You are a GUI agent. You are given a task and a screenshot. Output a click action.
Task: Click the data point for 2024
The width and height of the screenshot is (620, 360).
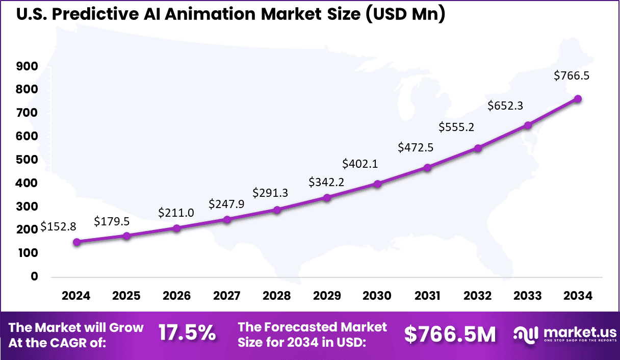click(76, 242)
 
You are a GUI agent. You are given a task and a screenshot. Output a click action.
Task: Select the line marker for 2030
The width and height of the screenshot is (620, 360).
click(377, 184)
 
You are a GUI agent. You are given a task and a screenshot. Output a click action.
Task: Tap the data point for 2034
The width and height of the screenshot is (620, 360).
click(578, 99)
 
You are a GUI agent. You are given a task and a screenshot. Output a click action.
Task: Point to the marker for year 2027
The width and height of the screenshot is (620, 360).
click(227, 220)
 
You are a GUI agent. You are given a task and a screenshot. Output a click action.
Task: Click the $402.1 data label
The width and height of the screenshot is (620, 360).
click(360, 164)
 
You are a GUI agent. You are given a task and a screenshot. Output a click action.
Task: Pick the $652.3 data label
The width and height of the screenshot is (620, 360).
click(505, 106)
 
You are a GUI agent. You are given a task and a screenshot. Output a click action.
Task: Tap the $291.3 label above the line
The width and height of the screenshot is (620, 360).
click(270, 193)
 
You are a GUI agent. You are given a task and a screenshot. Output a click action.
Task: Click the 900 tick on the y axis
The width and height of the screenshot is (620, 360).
click(27, 66)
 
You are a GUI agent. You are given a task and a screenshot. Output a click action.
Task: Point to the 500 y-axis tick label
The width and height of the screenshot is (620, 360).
click(27, 160)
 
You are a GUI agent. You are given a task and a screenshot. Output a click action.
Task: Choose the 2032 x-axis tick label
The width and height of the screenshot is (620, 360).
click(478, 296)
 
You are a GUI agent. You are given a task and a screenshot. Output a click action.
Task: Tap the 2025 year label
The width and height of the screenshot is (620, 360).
click(126, 296)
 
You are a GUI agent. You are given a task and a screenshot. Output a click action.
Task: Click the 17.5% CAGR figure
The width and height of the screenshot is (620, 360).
click(187, 334)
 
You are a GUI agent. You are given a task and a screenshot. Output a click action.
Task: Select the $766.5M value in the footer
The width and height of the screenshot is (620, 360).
click(450, 335)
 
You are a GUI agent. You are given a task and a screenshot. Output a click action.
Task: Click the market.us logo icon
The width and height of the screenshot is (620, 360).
click(526, 335)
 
